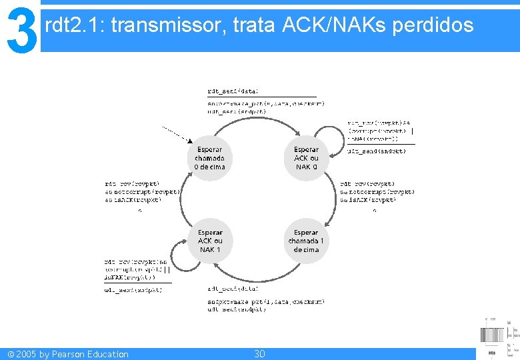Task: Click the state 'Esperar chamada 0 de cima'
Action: click(209, 159)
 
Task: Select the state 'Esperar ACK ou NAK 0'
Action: click(306, 159)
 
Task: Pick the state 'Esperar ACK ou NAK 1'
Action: click(210, 241)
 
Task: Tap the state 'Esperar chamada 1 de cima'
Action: click(306, 241)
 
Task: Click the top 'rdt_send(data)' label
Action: click(232, 91)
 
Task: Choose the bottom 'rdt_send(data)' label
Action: click(232, 289)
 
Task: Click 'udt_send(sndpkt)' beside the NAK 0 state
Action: click(376, 151)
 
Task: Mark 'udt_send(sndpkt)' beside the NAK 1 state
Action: click(133, 290)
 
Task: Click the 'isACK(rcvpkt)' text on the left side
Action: click(133, 199)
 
